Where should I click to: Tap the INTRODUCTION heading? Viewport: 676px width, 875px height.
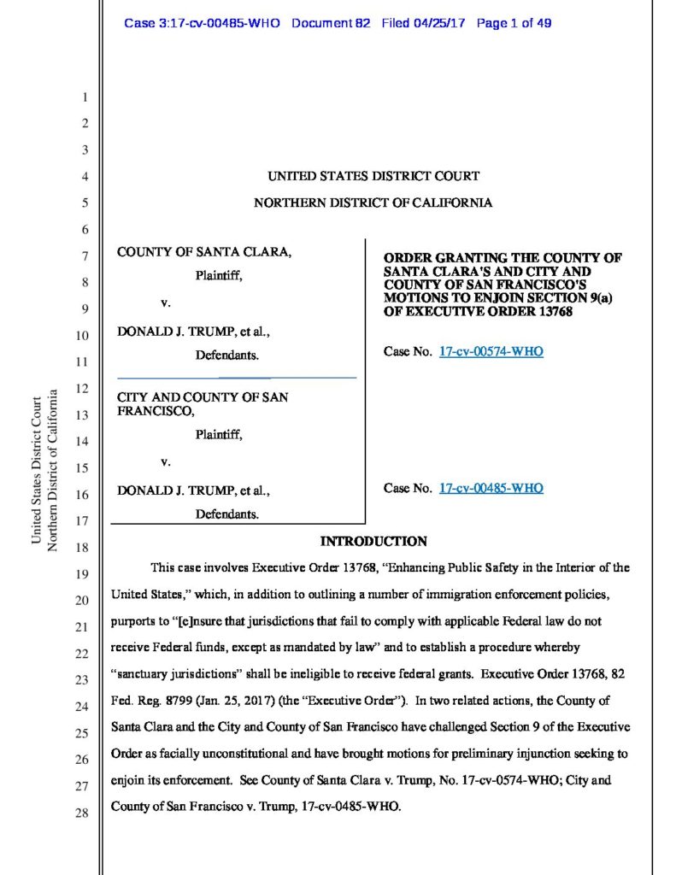click(373, 542)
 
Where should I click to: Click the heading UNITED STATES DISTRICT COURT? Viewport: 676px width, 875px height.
click(373, 176)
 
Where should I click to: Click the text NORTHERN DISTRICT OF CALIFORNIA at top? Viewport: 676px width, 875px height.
click(373, 203)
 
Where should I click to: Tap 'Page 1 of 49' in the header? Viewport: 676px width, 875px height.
click(514, 23)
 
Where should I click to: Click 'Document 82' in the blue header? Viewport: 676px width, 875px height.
click(331, 23)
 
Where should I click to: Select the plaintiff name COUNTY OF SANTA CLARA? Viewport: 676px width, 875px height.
click(203, 253)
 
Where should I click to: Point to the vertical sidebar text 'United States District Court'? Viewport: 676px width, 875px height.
click(37, 470)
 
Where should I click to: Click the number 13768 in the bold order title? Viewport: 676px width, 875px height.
click(551, 312)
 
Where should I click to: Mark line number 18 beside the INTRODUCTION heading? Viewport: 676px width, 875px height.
click(82, 547)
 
